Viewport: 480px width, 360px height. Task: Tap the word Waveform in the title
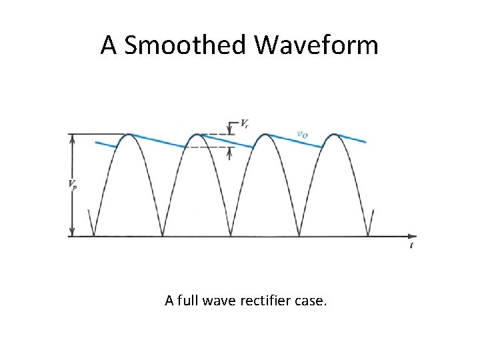316,45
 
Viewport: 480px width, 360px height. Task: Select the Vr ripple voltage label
245,124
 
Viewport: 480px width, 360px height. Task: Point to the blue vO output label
302,134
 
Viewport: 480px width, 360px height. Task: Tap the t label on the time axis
412,246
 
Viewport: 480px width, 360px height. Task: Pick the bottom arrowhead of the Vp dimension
72,233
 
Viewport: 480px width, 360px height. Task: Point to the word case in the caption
311,301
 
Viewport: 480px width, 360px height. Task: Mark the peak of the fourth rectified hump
334,135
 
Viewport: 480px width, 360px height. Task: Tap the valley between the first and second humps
163,235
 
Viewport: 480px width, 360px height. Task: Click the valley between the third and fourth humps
300,235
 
